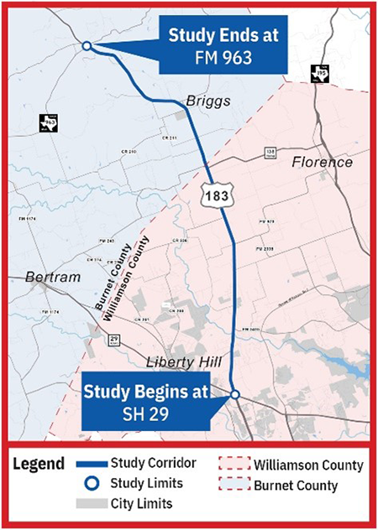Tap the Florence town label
pos(322,162)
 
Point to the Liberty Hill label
pos(181,362)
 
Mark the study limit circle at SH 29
pos(235,395)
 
